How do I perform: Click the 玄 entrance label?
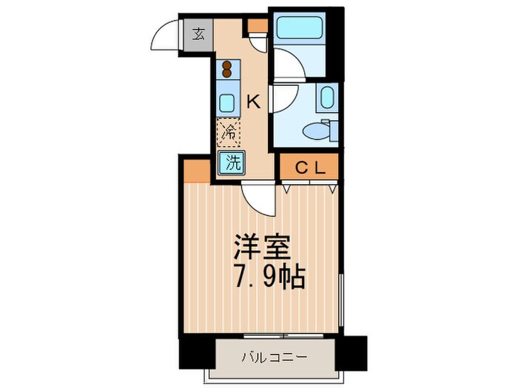(200, 34)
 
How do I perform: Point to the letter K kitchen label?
(252, 102)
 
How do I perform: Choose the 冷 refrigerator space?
(229, 133)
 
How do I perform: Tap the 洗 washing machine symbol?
(231, 163)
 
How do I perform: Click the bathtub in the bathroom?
(298, 28)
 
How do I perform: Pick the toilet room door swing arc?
(285, 96)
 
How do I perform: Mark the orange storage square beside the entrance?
(257, 27)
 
